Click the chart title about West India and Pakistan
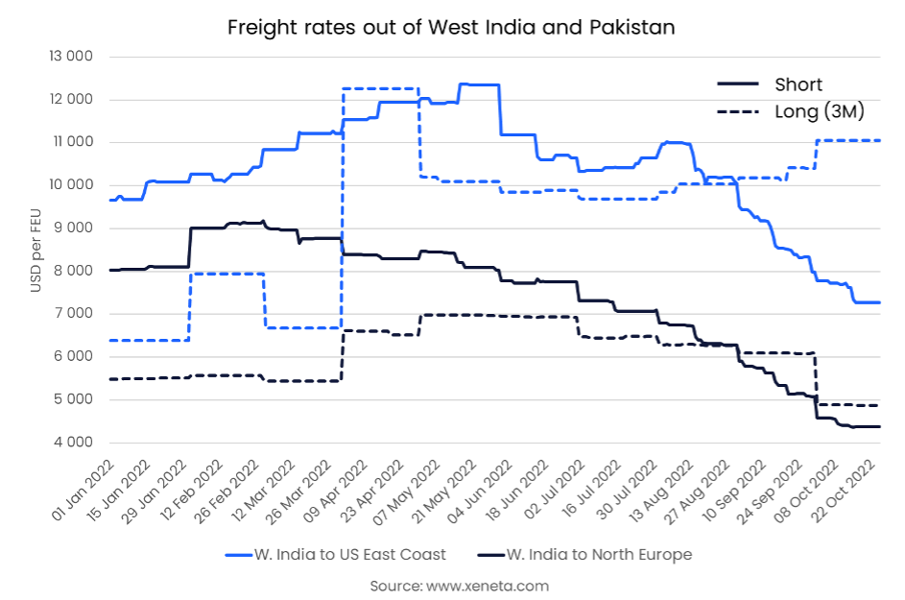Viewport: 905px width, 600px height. [451, 27]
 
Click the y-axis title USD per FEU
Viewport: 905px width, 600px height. [36, 250]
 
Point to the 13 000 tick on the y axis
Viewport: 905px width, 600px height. [71, 57]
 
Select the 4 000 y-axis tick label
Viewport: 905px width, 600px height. [73, 443]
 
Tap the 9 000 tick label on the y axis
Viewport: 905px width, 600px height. [73, 228]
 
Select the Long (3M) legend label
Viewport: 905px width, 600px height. [821, 111]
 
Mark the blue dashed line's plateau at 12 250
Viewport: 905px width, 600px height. [380, 88]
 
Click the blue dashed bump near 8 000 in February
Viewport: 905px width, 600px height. [226, 274]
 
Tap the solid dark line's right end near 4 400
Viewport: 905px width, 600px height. [878, 426]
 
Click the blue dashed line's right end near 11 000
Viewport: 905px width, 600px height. [878, 140]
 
